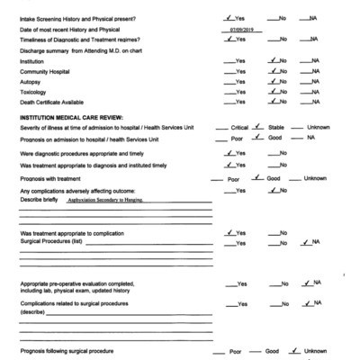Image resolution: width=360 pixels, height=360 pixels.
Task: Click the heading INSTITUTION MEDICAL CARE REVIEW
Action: coord(69,117)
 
